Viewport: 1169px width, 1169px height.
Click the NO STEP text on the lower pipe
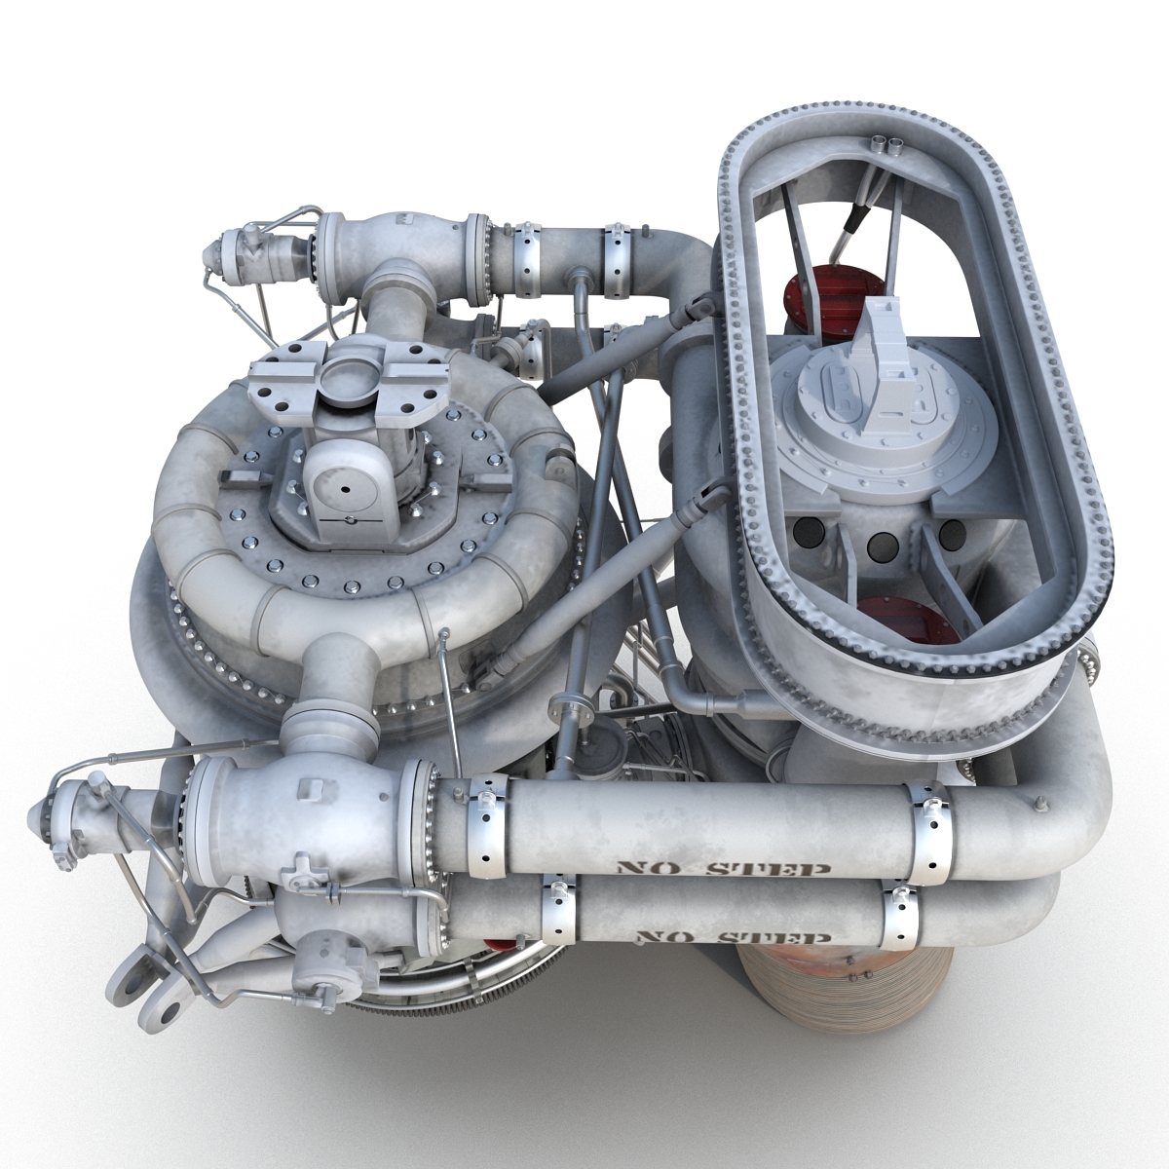pyautogui.click(x=732, y=937)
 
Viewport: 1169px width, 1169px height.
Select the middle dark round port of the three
pyautogui.click(x=881, y=545)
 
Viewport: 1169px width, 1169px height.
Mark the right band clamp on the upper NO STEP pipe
pyautogui.click(x=924, y=818)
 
